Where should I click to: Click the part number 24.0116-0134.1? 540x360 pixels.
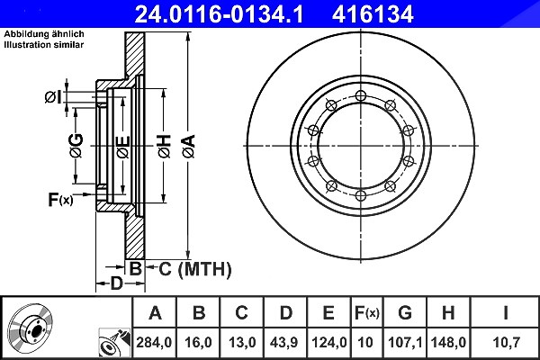pos(219,14)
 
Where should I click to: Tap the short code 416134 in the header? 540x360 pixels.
pos(373,14)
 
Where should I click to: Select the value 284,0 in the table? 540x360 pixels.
pos(154,342)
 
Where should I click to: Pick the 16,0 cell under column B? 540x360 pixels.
pos(198,342)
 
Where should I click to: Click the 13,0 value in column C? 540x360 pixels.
pos(242,342)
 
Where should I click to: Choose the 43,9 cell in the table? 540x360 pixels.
pos(283,342)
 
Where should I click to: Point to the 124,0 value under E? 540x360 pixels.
pos(328,342)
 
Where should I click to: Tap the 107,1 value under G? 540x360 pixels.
pos(405,342)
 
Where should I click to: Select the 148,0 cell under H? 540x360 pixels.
pos(448,342)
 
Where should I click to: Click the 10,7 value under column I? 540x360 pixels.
pos(506,342)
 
